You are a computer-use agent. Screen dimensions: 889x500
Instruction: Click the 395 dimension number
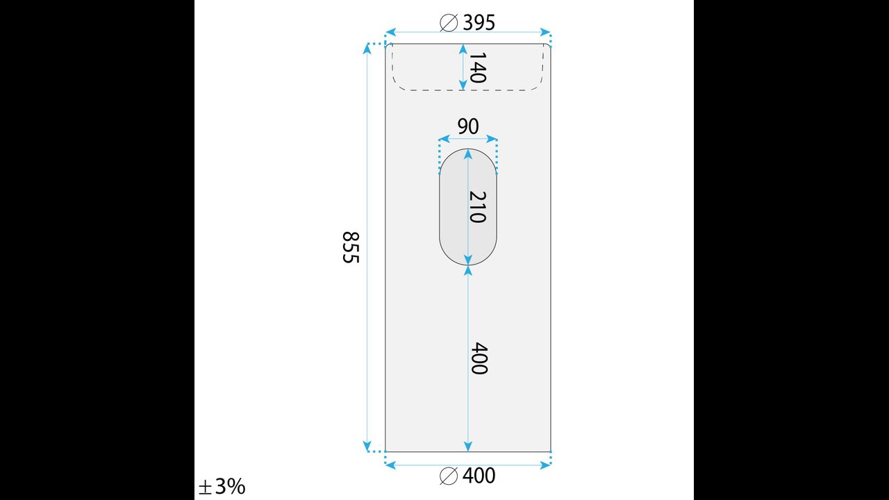(479, 22)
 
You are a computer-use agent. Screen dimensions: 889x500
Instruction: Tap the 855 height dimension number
(351, 247)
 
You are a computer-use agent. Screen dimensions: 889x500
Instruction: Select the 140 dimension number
(477, 67)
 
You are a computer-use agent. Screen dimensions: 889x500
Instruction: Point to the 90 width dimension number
(468, 126)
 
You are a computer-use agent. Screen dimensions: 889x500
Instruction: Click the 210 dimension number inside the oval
(477, 207)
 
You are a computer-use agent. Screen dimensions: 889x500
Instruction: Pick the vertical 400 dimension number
(479, 358)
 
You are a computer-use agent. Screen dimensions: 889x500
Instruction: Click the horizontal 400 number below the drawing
(479, 476)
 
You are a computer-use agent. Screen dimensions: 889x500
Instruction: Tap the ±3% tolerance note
(222, 486)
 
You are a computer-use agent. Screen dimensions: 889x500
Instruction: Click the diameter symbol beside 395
(449, 22)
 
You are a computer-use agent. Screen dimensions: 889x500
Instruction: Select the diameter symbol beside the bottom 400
(449, 476)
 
